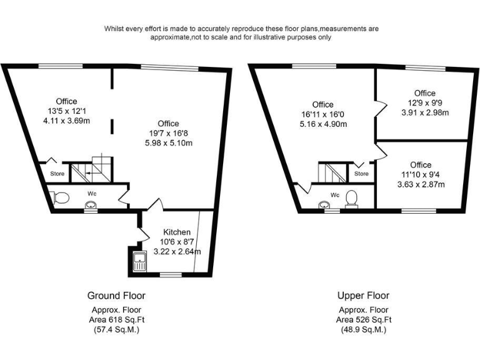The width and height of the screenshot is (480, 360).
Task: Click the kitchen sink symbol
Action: click(x=139, y=259)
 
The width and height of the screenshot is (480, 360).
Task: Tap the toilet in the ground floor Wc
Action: click(x=61, y=198)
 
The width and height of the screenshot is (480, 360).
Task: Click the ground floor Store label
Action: click(x=57, y=174)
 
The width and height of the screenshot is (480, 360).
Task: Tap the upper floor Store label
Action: click(x=361, y=173)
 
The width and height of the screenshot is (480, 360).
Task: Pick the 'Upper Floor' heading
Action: click(x=363, y=296)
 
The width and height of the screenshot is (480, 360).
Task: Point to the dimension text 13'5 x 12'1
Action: click(x=66, y=111)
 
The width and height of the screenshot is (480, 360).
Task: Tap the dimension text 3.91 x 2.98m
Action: click(x=425, y=113)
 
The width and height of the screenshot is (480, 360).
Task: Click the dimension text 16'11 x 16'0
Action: click(x=323, y=114)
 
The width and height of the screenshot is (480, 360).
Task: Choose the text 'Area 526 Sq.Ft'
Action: click(x=363, y=320)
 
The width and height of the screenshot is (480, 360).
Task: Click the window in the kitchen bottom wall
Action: click(x=168, y=274)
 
